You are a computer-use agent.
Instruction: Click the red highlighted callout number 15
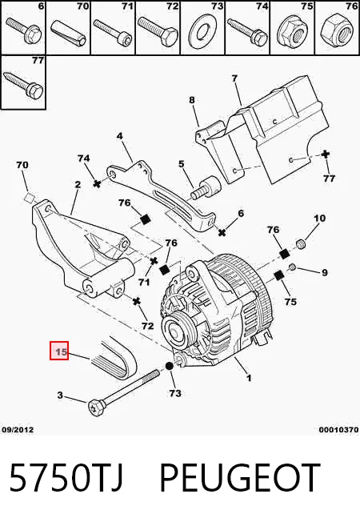pyautogui.click(x=59, y=351)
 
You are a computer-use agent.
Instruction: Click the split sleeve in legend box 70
pyautogui.click(x=68, y=33)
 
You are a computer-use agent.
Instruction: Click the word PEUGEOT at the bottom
pyautogui.click(x=239, y=477)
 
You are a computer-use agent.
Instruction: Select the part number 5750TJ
pyautogui.click(x=66, y=477)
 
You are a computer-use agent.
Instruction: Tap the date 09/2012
pyautogui.click(x=18, y=430)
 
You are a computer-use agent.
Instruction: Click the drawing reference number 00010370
pyautogui.click(x=338, y=430)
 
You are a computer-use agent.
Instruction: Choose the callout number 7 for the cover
pyautogui.click(x=234, y=78)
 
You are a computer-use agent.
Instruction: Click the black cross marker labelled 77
pyautogui.click(x=326, y=155)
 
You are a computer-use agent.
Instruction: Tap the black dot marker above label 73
pyautogui.click(x=169, y=366)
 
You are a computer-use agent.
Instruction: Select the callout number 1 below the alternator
pyautogui.click(x=249, y=378)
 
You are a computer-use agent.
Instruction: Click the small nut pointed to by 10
pyautogui.click(x=301, y=244)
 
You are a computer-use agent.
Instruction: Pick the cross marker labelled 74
pyautogui.click(x=97, y=183)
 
